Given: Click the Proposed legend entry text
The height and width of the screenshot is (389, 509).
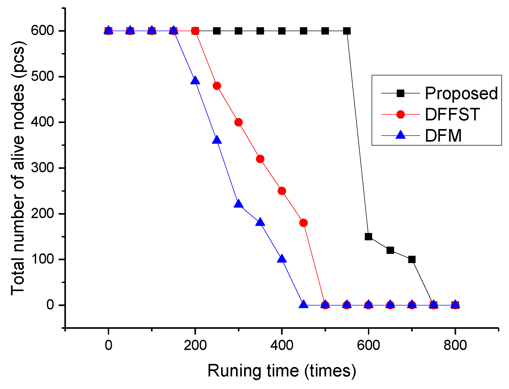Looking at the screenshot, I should click(x=461, y=93).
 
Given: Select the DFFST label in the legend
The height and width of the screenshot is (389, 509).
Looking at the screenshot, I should click(x=452, y=114).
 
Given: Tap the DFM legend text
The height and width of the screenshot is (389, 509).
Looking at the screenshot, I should click(x=443, y=136).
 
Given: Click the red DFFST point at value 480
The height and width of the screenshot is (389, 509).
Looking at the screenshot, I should click(x=217, y=86).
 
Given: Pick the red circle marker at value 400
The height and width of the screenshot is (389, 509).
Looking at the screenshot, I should click(x=238, y=122).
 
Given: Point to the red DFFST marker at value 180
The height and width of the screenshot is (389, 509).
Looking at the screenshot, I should click(x=303, y=223).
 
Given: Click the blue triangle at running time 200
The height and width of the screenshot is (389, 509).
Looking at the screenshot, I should click(x=195, y=81).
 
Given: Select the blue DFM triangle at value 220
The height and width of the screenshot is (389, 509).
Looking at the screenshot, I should click(x=238, y=204).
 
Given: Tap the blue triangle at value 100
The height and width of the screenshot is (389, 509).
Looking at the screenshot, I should click(x=282, y=259).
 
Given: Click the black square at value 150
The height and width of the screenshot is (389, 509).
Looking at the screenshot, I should click(x=368, y=237).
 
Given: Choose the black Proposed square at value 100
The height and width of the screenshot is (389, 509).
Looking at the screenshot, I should click(x=412, y=259).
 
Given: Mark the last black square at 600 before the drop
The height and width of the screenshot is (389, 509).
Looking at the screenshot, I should click(x=347, y=31).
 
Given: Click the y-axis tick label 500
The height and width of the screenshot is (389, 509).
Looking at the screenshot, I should click(x=42, y=76).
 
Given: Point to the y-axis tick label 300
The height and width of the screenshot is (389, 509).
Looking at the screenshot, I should click(x=42, y=168).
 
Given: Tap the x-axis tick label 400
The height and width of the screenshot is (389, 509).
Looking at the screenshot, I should click(x=282, y=345).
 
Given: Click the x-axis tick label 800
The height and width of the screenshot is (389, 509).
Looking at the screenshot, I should click(x=455, y=345).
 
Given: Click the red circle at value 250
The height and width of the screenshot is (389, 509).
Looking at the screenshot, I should click(x=282, y=191).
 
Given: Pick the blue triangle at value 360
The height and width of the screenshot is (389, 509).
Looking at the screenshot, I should click(x=217, y=140).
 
